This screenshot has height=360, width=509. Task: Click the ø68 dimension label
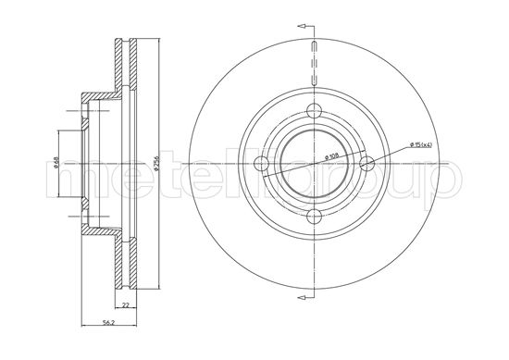[56, 164]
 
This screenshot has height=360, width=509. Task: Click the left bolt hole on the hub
[264, 166]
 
